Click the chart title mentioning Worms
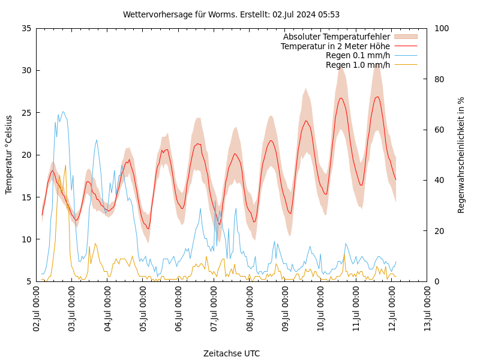(231, 14)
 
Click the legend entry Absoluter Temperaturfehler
(336, 37)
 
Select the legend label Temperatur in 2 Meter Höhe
(335, 46)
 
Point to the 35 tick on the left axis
(26, 28)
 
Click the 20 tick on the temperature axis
(26, 155)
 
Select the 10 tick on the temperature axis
(26, 239)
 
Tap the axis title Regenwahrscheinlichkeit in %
(461, 155)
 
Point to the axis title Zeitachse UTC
(232, 353)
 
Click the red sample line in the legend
(406, 46)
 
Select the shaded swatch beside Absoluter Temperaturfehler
(406, 37)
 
